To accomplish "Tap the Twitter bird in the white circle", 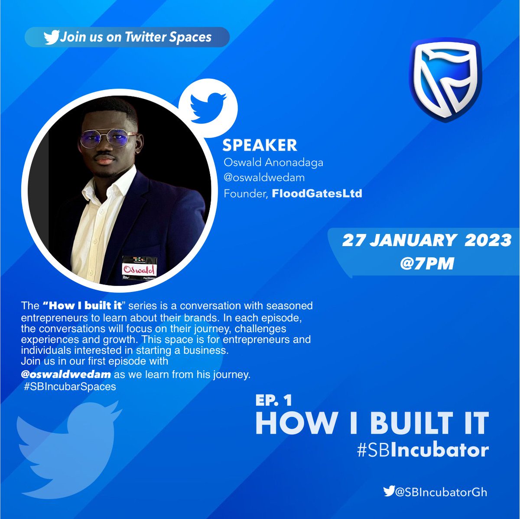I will click(x=208, y=106).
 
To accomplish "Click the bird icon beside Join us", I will click(x=51, y=37).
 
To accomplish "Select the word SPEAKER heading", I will click(x=260, y=146).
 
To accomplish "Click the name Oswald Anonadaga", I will click(x=273, y=163).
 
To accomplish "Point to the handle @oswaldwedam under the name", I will click(x=264, y=178).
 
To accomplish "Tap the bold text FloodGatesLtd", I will click(x=316, y=193).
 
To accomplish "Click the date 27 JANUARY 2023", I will click(x=427, y=240).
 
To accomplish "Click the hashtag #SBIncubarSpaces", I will click(x=70, y=386).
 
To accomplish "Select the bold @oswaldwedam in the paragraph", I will click(x=66, y=374).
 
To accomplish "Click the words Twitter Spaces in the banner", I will click(x=168, y=37).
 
